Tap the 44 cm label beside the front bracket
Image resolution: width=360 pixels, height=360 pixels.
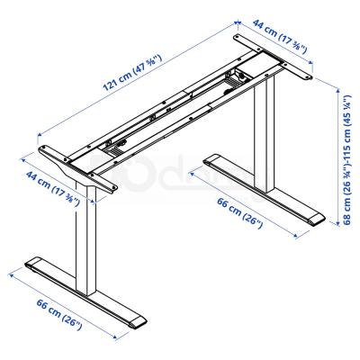53,185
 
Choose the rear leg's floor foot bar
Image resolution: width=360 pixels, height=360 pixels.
265,191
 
